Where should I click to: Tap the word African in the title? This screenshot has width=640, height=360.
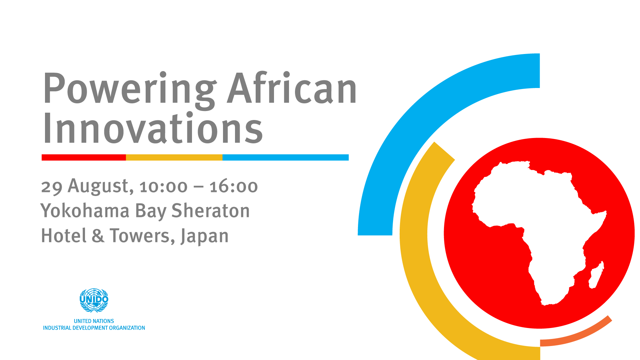point(292,87)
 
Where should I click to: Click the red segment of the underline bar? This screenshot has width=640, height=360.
point(84,157)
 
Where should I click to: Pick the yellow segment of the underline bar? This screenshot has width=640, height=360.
point(174,157)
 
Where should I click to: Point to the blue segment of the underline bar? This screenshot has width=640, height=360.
point(286,157)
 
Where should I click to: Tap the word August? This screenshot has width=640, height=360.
point(101,186)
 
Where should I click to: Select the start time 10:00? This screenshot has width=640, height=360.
point(164,187)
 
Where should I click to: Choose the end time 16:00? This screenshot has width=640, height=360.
point(234,187)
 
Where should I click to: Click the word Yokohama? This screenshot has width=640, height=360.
point(85,211)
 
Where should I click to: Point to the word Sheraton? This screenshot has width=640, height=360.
point(210,211)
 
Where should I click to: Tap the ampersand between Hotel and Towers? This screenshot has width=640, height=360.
point(98,236)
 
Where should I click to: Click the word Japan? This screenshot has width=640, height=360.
point(204,236)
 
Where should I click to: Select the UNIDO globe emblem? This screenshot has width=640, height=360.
point(94,300)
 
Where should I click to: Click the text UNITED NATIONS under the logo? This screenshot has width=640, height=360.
point(94,321)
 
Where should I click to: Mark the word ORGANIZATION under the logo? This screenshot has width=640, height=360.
point(127,328)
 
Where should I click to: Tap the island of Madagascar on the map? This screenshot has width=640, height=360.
point(596,275)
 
